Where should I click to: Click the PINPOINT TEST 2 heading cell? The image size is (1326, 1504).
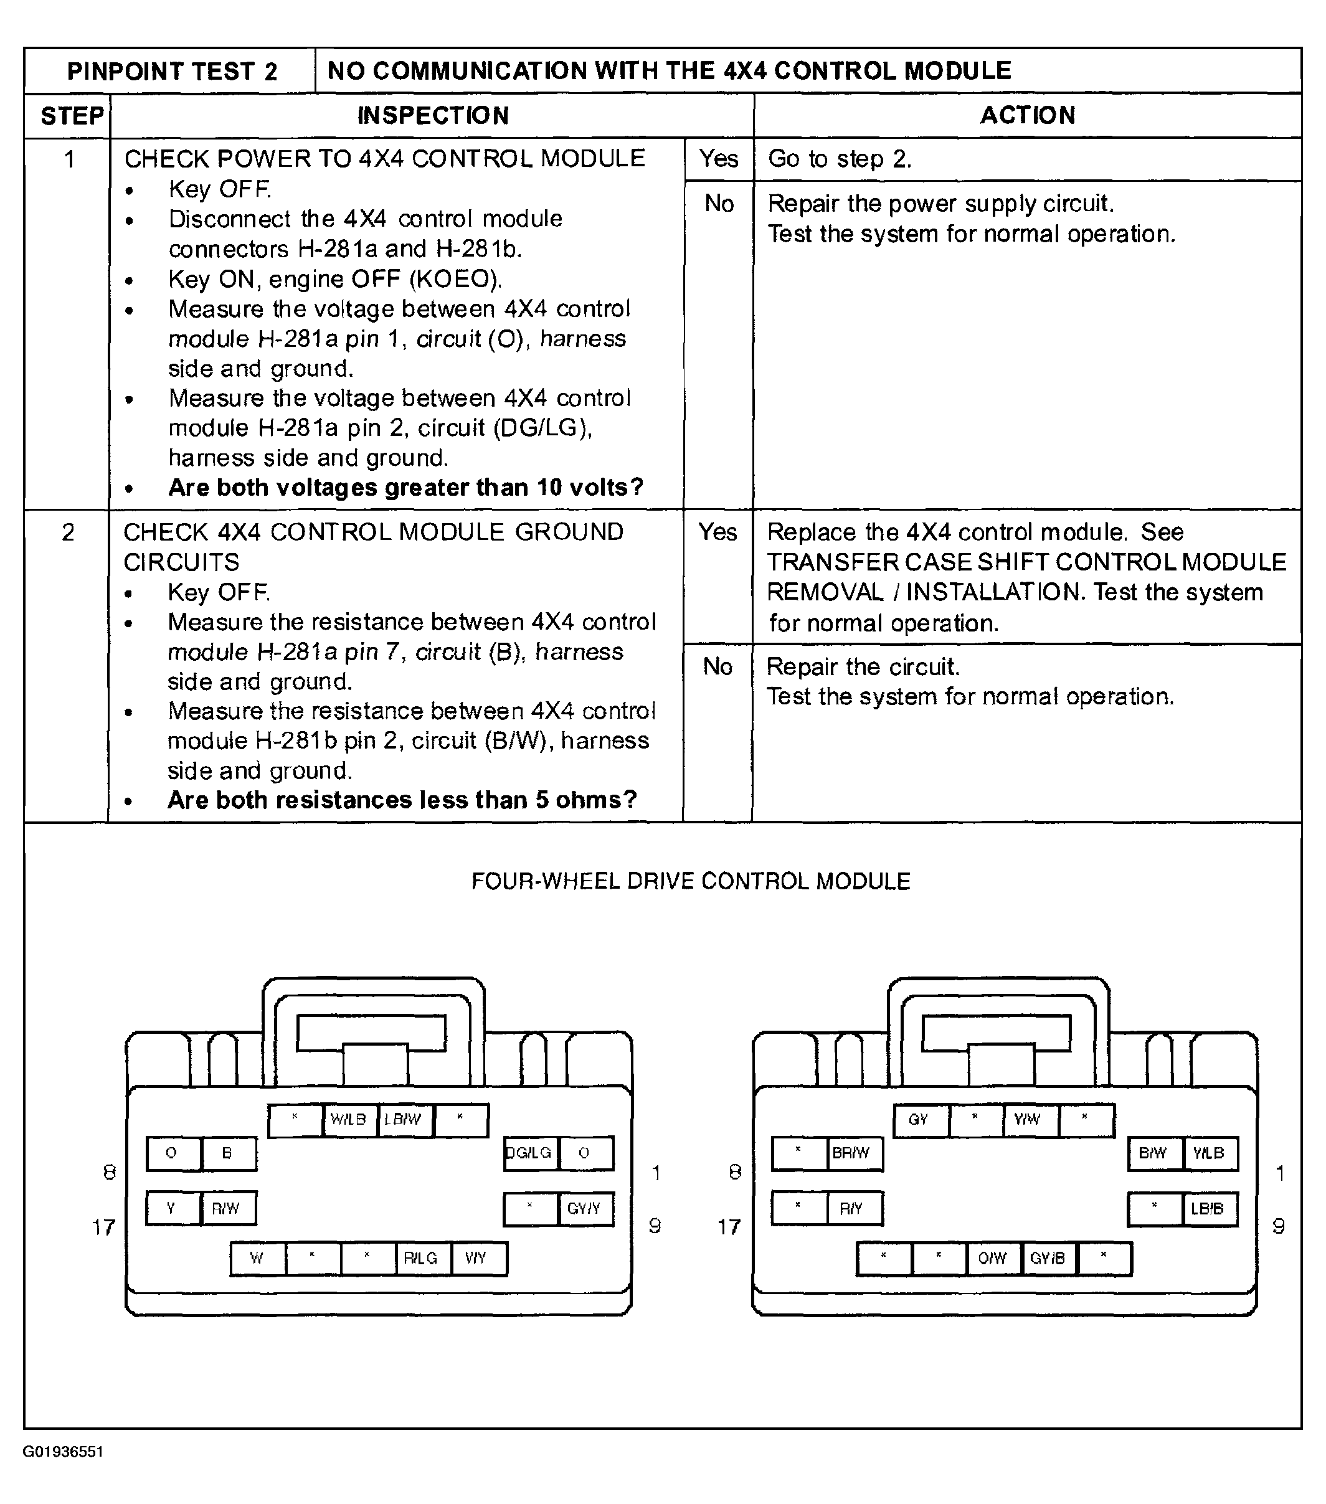tap(171, 72)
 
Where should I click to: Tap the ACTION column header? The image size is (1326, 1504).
tap(1027, 115)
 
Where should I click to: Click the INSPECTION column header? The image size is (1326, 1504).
tap(433, 115)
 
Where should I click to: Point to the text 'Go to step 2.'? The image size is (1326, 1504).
tap(840, 159)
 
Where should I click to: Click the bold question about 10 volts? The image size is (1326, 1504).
tap(405, 487)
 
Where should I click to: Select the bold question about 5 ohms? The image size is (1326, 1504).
tap(402, 800)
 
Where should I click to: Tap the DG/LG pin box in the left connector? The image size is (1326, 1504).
tap(530, 1153)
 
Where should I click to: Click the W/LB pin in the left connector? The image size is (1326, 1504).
tap(349, 1119)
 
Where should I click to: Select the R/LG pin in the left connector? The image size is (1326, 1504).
tap(421, 1257)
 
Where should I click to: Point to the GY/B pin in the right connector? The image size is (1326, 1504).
tap(1048, 1258)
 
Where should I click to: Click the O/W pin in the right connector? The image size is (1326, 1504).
tap(993, 1258)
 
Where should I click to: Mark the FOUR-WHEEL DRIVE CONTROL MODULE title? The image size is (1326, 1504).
tap(691, 881)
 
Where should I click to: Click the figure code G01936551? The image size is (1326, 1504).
tap(64, 1452)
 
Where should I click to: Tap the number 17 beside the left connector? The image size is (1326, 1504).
tap(104, 1227)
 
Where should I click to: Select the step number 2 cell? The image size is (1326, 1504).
tap(69, 532)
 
